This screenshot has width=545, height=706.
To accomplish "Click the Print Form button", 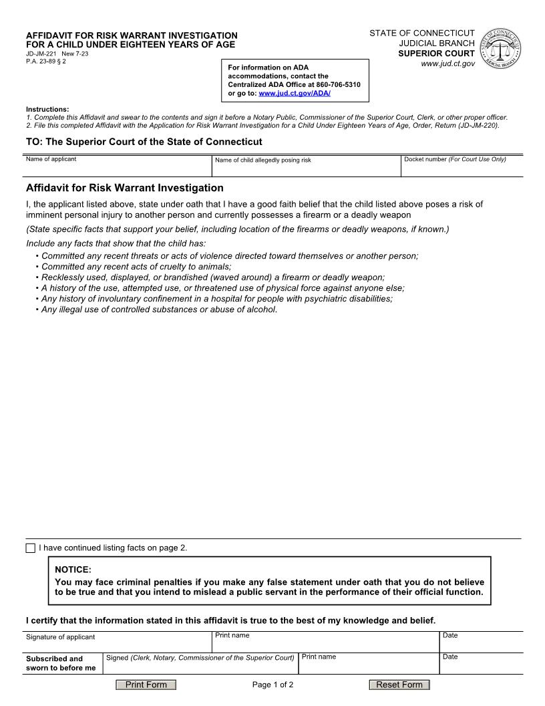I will pyautogui.click(x=146, y=685).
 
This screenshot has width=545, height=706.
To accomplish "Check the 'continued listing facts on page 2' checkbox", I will pyautogui.click(x=31, y=548).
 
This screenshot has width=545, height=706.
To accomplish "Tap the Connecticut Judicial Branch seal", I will pyautogui.click(x=501, y=48).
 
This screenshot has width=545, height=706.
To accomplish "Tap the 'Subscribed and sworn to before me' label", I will pyautogui.click(x=61, y=663).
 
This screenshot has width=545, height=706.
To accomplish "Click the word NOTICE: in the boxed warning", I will pyautogui.click(x=73, y=570).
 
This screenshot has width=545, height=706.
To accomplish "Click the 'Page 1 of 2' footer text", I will pyautogui.click(x=272, y=685).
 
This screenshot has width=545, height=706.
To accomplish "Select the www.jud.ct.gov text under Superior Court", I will pyautogui.click(x=447, y=64).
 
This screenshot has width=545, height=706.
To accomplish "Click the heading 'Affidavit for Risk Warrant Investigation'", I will pyautogui.click(x=125, y=188).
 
